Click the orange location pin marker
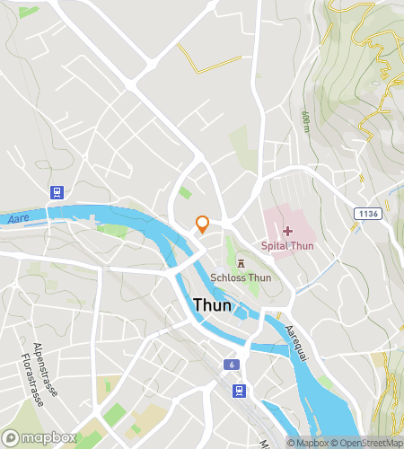tap(203, 224)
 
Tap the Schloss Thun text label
tap(241, 277)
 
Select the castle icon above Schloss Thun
tap(241, 263)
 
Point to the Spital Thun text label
tap(287, 245)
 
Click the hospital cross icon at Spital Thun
tap(287, 231)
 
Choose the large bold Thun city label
tap(213, 305)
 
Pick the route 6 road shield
tap(232, 365)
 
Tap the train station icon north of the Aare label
tap(57, 191)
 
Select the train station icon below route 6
tap(239, 391)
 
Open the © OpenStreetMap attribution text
tap(368, 442)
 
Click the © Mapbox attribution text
tap(308, 442)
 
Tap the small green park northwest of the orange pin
tap(184, 192)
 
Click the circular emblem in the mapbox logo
tap(13, 437)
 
